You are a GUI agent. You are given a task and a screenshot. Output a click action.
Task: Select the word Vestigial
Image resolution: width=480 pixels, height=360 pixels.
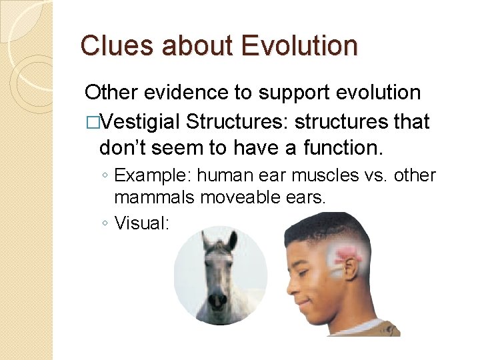(x=141, y=122)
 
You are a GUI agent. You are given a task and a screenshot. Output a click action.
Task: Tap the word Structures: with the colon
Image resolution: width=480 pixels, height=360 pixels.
(x=237, y=122)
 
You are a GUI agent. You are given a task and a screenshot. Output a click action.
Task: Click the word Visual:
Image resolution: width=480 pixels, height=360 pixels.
(x=142, y=223)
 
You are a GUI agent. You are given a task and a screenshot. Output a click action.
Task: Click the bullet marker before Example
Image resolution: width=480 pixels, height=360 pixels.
(x=105, y=176)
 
